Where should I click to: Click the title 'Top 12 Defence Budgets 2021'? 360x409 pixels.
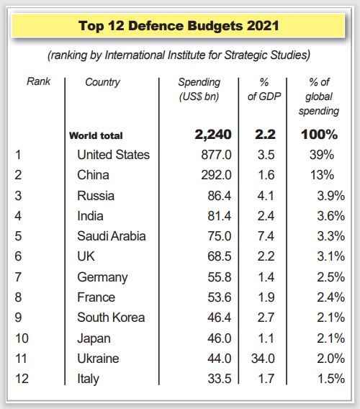pos(179,26)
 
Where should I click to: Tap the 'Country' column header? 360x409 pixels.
pos(102,82)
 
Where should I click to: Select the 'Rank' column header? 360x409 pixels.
pos(38,81)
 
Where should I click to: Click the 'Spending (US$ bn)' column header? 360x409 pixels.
pos(199,89)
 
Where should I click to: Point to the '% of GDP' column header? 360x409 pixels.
pos(264,89)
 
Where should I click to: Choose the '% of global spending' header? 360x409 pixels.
pos(319,96)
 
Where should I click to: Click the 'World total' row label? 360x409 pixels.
pos(96,135)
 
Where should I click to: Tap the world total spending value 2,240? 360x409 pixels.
pos(213,135)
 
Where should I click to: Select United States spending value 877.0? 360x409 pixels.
pos(216,155)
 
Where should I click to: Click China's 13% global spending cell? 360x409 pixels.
pos(322,175)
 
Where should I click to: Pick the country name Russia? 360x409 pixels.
pos(96,196)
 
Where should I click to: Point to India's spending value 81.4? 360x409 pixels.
pos(220,216)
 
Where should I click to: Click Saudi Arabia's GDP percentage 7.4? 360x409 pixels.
pos(266,236)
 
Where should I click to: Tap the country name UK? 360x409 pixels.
pos(86,256)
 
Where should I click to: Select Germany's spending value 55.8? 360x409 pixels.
pos(220,277)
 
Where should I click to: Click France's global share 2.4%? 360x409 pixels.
pos(330,297)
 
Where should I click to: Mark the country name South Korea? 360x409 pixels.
pos(111,318)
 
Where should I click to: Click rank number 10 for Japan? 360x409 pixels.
pos(22,338)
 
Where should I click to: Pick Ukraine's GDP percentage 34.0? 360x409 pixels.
pos(263,359)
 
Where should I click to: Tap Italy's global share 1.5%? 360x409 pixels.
pos(331,379)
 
